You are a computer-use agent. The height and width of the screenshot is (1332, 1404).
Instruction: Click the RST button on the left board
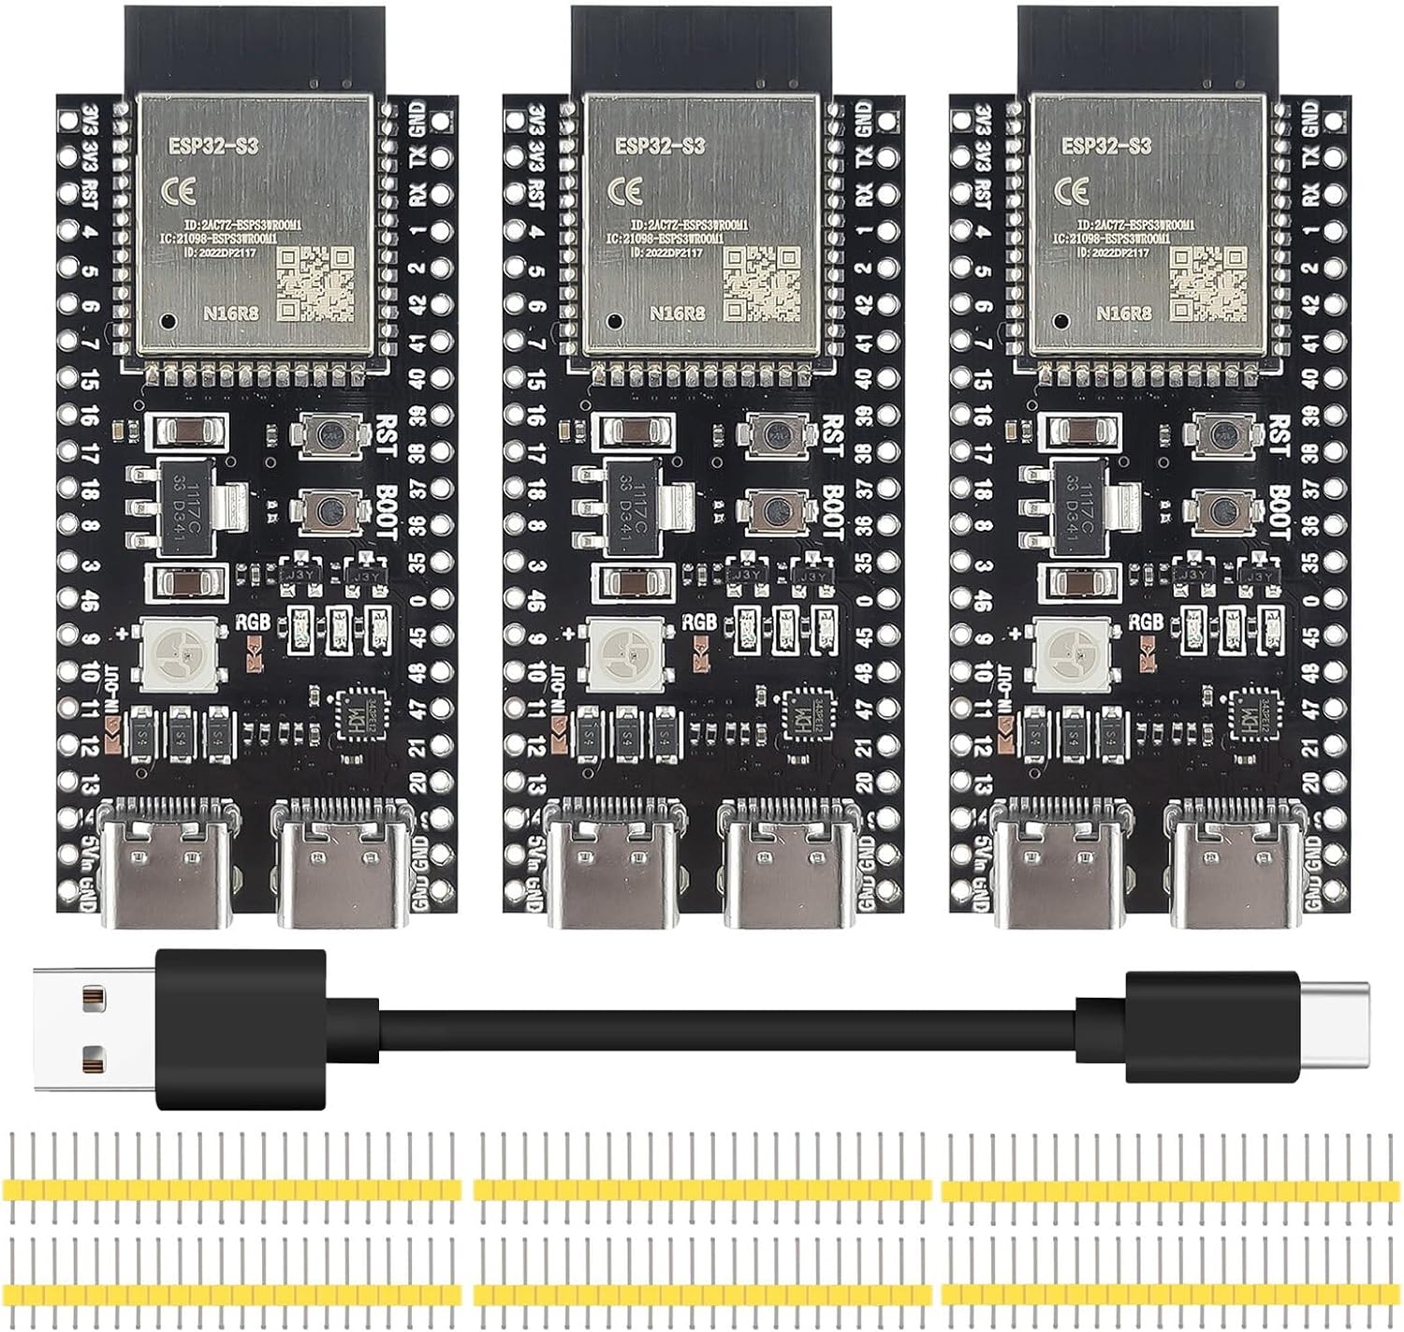[x=327, y=435]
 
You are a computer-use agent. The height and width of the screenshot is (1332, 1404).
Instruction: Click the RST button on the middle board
[x=774, y=435]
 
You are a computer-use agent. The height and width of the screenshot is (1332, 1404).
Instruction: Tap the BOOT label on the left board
[x=387, y=511]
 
